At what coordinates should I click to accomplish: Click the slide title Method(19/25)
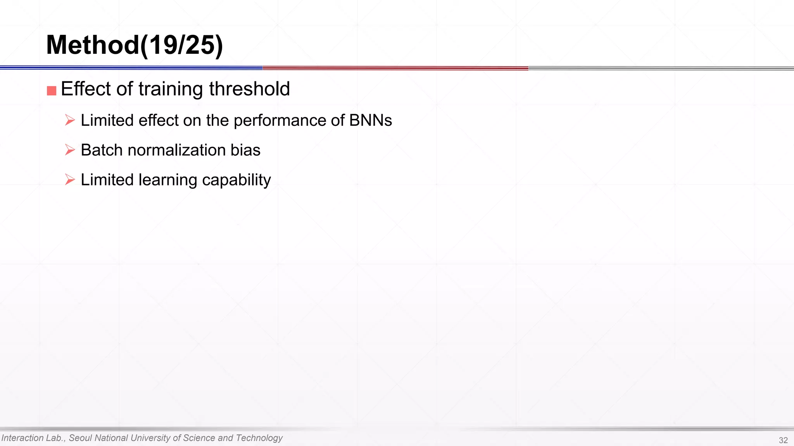click(x=135, y=45)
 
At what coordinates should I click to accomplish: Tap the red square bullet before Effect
click(x=52, y=91)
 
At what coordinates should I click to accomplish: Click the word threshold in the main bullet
click(x=249, y=89)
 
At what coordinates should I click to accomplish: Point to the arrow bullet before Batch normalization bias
click(x=70, y=150)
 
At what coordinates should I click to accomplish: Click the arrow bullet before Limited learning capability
click(x=70, y=180)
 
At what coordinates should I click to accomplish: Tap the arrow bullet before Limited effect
click(x=70, y=120)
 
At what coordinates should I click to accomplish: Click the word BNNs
click(x=370, y=120)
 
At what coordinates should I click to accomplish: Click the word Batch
click(x=102, y=150)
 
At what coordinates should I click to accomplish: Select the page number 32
click(x=783, y=440)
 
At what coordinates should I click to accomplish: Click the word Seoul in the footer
click(x=80, y=438)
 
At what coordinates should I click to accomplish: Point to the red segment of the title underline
click(x=395, y=68)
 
